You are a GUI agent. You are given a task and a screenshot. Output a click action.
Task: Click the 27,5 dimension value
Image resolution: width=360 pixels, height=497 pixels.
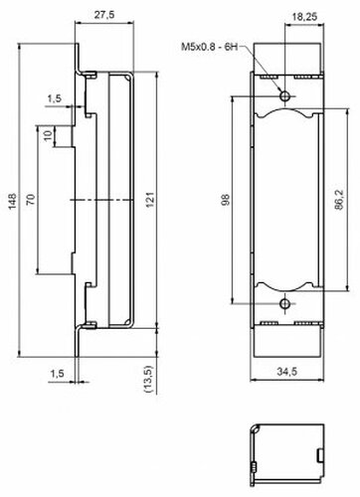coord(104,15)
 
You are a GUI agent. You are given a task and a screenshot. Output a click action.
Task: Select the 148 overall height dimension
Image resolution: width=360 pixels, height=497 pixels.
coord(13,201)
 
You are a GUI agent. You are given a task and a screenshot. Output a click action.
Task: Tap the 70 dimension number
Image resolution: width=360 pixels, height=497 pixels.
coord(31,200)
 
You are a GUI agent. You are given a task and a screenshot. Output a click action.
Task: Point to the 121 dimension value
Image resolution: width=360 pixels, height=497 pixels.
coord(150,200)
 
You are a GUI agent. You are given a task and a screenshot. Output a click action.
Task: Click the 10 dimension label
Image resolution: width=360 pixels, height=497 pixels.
coord(49,135)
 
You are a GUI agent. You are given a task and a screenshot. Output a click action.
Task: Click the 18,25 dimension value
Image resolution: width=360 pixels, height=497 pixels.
coord(304,17)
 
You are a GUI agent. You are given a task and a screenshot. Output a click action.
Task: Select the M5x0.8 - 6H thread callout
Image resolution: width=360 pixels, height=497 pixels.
coord(210,47)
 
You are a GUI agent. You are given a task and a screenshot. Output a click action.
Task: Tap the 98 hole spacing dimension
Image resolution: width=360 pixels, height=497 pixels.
coord(226,200)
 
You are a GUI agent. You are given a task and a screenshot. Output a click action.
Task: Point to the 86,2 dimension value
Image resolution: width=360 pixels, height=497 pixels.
coord(339,200)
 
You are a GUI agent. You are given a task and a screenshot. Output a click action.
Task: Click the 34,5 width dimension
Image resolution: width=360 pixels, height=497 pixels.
coord(287,372)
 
